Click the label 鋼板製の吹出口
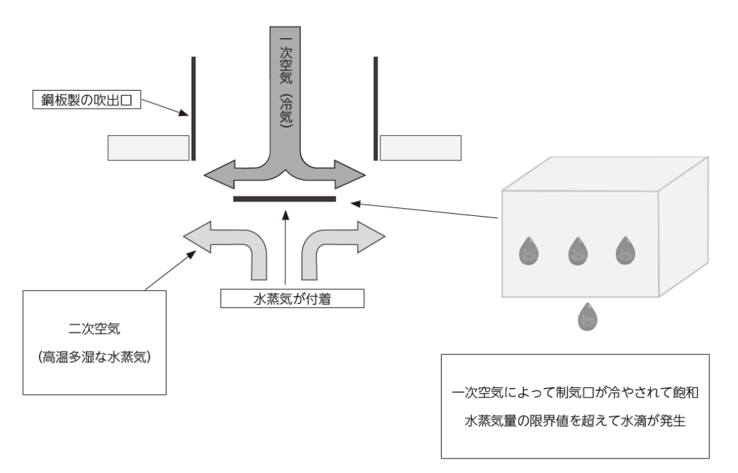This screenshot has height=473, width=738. pos(86,99)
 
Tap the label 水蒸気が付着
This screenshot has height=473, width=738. pos(288,297)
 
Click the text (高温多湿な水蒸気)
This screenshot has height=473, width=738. pos(95,358)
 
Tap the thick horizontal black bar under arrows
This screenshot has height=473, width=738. pos(285,198)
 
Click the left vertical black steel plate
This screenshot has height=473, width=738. pos(193,108)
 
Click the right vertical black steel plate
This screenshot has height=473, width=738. pos(375,108)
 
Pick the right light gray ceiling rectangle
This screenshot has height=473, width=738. pos(421,148)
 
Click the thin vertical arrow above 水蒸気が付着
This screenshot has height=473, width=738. pos(287,248)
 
